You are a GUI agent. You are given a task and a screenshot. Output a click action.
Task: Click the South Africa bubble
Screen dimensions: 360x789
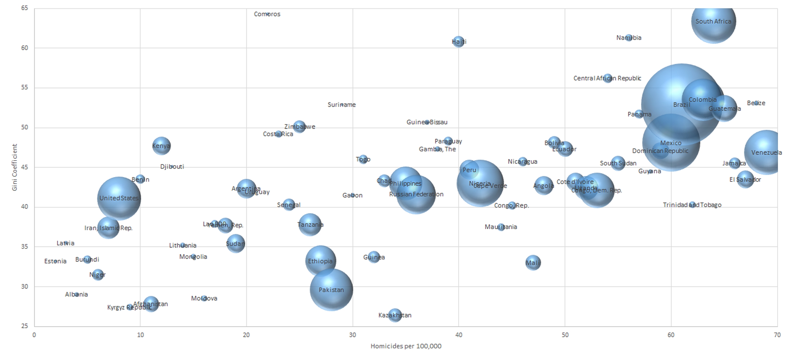(x=713, y=21)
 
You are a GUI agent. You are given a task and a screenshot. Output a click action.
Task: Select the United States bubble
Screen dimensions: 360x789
(x=119, y=198)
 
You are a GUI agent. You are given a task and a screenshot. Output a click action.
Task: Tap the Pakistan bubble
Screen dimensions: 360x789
(x=331, y=290)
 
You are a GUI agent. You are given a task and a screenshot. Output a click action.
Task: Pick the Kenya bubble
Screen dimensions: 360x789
(x=161, y=146)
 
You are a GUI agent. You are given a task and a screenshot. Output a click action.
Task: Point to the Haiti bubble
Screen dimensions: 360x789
(x=458, y=41)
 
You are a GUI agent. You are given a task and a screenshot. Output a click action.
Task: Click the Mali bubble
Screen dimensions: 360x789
(x=533, y=262)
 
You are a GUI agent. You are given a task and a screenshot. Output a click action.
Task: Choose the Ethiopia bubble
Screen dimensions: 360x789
(x=320, y=261)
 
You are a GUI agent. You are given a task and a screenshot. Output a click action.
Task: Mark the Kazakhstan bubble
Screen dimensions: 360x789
(x=395, y=315)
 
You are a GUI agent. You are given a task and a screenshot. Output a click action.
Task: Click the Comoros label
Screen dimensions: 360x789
(x=267, y=14)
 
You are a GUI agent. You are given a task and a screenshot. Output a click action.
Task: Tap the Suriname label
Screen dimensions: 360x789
(x=342, y=105)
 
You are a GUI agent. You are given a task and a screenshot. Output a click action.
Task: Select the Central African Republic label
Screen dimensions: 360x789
(x=607, y=78)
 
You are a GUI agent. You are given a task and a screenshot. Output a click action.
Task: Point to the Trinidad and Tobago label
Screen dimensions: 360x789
(x=692, y=205)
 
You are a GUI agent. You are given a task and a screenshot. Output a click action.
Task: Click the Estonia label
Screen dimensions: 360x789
(x=55, y=261)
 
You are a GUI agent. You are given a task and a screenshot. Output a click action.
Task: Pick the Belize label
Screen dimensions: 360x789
(x=756, y=103)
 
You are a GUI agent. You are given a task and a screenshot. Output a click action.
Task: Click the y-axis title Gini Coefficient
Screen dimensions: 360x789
(x=14, y=167)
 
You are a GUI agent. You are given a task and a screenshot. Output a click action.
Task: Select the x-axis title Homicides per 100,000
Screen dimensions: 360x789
(x=406, y=346)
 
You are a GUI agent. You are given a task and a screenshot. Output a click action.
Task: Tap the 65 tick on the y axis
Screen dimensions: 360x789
(x=25, y=8)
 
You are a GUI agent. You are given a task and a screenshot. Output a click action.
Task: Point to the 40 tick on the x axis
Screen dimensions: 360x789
(x=458, y=335)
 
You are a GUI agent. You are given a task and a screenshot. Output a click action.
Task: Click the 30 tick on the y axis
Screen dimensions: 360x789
(x=25, y=286)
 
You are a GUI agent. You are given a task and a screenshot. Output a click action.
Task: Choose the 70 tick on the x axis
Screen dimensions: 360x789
(x=777, y=335)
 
